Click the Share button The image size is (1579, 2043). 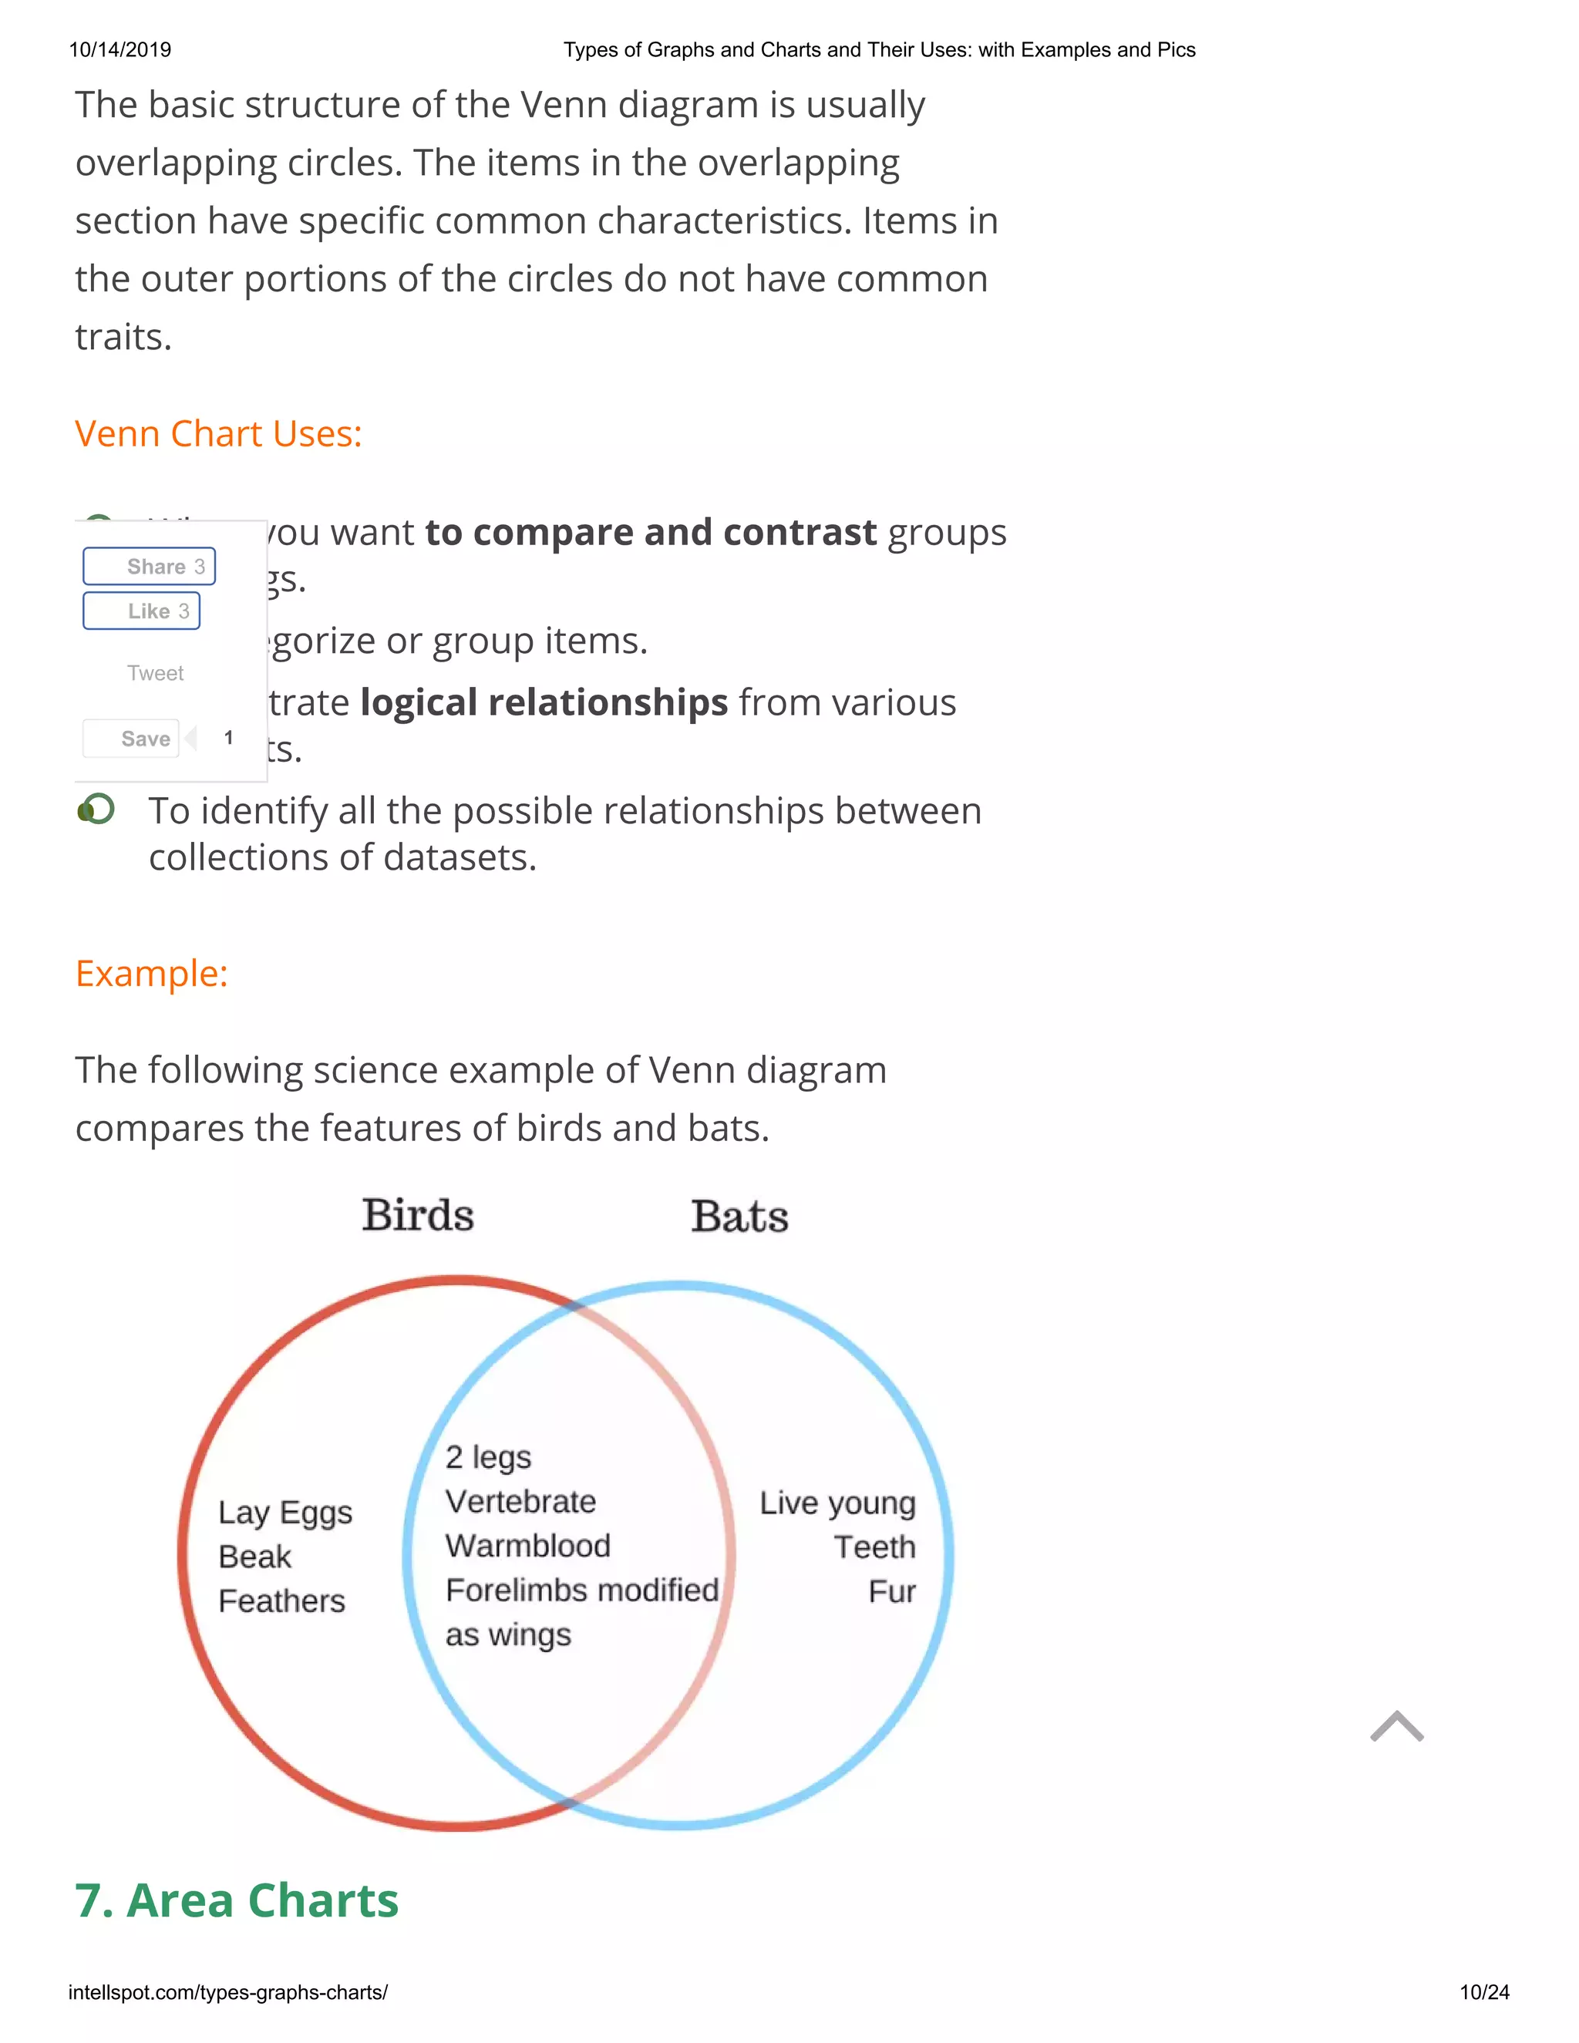point(150,567)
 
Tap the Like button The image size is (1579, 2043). point(142,611)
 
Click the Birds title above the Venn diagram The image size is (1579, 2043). point(418,1215)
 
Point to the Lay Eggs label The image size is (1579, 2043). point(285,1513)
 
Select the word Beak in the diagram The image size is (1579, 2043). point(254,1557)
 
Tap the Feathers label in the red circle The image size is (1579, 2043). point(281,1601)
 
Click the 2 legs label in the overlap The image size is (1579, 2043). point(488,1457)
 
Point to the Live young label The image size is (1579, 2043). point(837,1503)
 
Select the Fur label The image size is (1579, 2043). point(891,1592)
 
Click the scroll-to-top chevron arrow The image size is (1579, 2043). point(1396,1727)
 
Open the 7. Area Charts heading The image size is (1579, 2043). point(237,1901)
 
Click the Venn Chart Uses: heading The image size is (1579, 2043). point(219,434)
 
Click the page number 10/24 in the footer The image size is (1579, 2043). point(1484,1992)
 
